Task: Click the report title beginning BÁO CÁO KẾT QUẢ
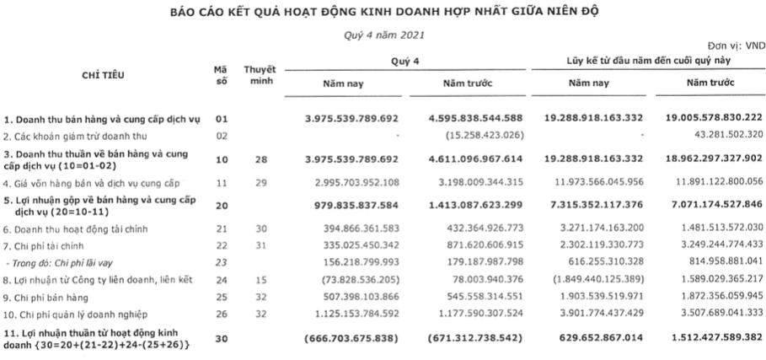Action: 383,12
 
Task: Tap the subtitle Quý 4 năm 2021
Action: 383,35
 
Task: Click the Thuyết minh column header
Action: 260,75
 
